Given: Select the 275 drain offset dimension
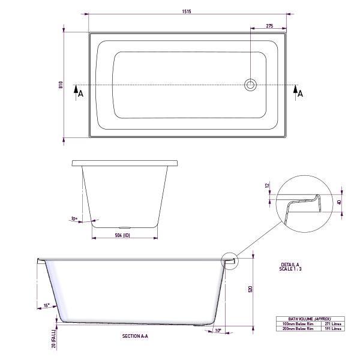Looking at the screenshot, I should (x=269, y=26).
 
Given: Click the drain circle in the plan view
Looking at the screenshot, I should (x=250, y=85).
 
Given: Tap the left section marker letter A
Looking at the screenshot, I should (x=80, y=93).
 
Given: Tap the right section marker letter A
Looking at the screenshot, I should (x=300, y=93).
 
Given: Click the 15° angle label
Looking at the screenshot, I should (x=47, y=306).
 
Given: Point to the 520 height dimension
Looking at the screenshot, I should (x=250, y=289).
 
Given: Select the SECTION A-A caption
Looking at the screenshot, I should (x=134, y=337).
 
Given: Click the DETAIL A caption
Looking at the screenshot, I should (x=290, y=265).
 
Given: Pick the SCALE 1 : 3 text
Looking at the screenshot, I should (x=292, y=269).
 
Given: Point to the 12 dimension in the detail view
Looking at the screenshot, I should (x=268, y=186).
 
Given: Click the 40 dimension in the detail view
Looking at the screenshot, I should (x=340, y=202).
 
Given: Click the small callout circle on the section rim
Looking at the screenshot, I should (x=230, y=260).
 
